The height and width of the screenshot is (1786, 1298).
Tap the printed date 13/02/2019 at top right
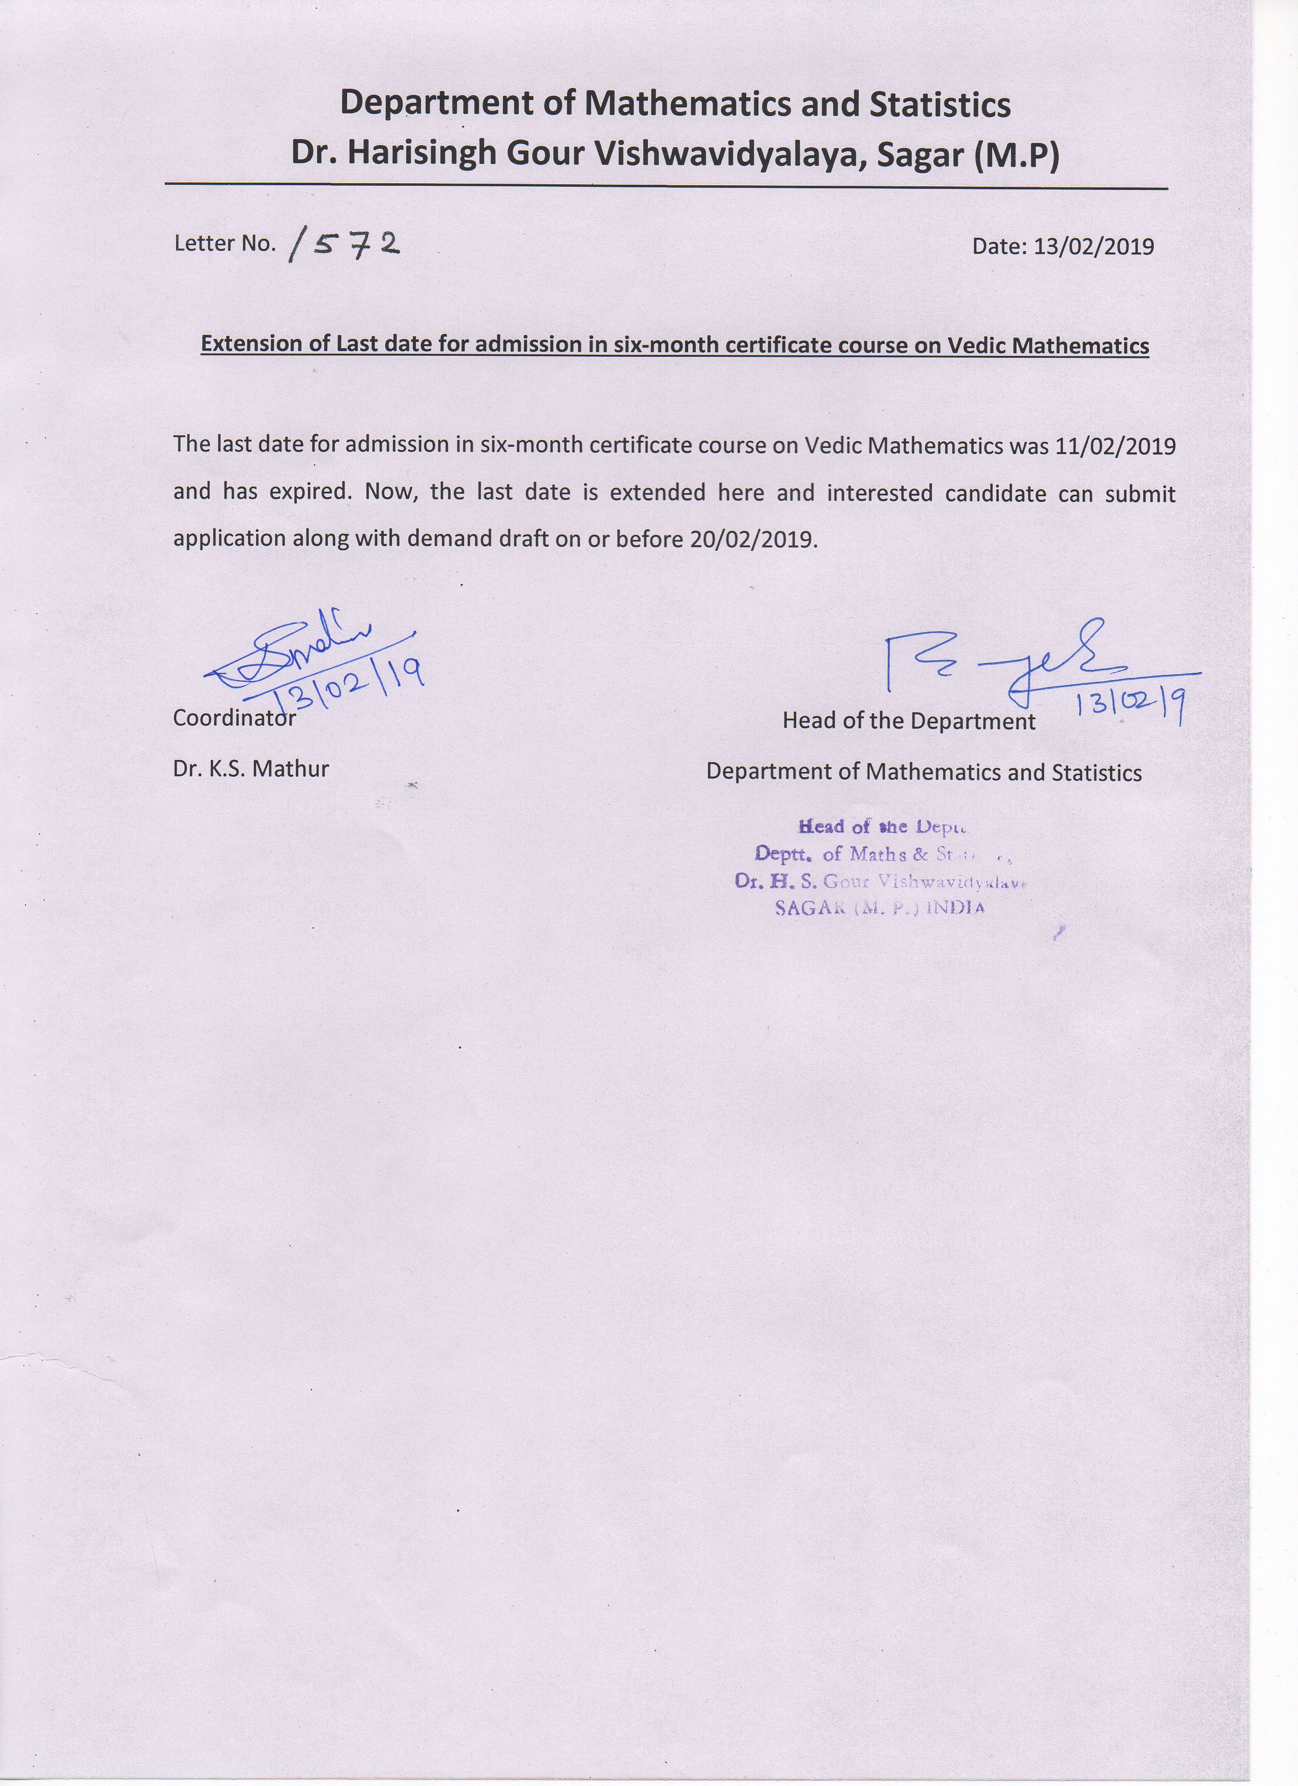1093,246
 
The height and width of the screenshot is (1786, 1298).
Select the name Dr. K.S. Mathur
250,769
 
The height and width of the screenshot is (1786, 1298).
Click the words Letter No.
224,243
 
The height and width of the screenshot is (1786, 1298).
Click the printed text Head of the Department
908,721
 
